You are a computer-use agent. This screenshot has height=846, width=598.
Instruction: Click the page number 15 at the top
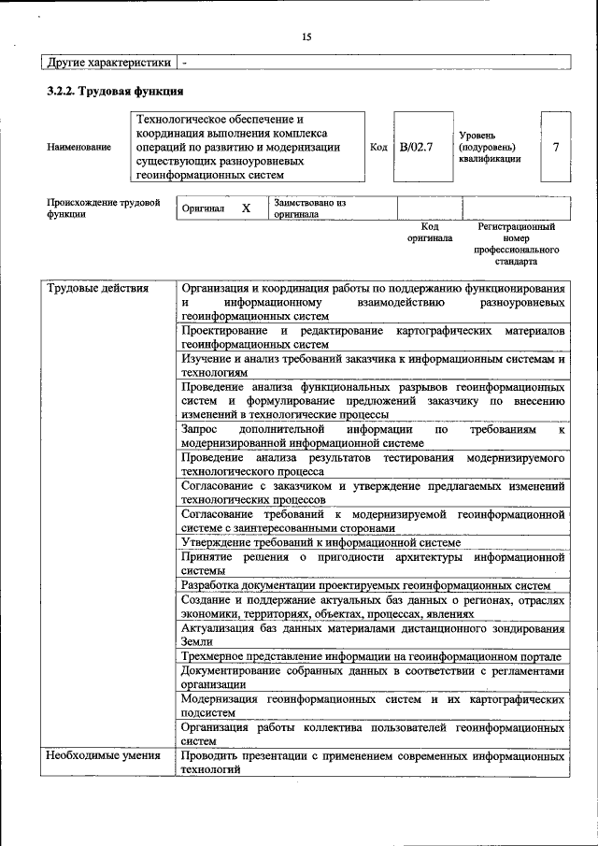click(306, 37)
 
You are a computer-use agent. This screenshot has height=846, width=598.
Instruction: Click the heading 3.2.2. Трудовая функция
click(115, 92)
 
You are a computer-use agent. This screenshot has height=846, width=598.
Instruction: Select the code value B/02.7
click(416, 148)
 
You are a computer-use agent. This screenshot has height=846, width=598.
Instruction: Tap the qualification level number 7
click(556, 148)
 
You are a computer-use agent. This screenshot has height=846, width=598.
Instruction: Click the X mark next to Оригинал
click(247, 208)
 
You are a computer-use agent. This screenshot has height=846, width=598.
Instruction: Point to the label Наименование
click(74, 148)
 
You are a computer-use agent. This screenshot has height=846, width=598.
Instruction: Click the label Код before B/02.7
click(378, 148)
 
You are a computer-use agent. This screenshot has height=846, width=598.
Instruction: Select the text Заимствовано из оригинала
click(309, 208)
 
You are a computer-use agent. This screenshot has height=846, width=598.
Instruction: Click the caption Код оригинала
click(430, 233)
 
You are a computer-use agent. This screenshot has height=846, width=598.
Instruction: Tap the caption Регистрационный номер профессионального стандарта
click(516, 238)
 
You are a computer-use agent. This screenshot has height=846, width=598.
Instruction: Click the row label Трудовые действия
click(98, 289)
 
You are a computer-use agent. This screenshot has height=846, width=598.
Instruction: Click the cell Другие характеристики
click(108, 63)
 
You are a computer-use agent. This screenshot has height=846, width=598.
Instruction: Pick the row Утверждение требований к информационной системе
click(320, 542)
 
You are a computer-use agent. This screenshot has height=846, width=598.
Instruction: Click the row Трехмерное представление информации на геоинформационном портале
click(371, 657)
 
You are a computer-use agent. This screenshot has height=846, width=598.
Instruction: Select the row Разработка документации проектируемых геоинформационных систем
click(365, 585)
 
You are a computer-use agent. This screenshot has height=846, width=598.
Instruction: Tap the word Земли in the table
click(197, 642)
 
